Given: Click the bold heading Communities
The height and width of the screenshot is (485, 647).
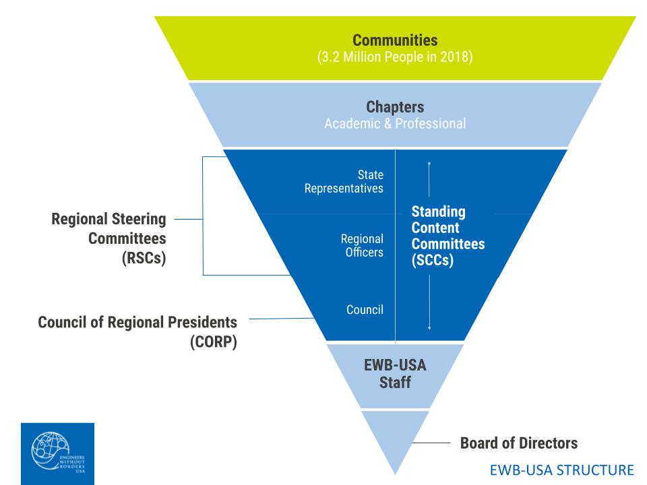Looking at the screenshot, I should [x=395, y=40].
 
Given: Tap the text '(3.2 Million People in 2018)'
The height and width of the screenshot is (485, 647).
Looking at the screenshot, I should [x=395, y=57].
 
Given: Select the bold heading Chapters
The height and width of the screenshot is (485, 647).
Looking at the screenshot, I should [x=395, y=107].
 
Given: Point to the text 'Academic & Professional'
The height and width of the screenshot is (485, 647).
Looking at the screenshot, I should [x=395, y=124].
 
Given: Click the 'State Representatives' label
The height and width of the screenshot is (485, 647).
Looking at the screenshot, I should [x=344, y=181].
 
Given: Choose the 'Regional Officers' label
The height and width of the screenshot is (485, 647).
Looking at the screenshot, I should [x=362, y=246].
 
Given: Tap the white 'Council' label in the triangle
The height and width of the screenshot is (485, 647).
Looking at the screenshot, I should [x=365, y=310].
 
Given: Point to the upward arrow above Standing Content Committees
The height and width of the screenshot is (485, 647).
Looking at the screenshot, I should [x=429, y=179].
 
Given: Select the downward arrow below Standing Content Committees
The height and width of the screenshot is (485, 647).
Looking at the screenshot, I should [x=429, y=303].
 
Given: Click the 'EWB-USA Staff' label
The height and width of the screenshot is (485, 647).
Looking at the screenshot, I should [x=395, y=375].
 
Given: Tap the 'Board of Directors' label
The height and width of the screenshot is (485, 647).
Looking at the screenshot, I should [x=518, y=443].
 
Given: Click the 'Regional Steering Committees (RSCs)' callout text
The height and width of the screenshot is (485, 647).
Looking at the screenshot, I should [x=109, y=238].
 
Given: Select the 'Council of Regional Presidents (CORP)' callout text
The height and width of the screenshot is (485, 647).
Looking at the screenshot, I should [x=137, y=331].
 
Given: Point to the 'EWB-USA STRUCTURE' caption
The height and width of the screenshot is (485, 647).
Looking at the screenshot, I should [x=562, y=469].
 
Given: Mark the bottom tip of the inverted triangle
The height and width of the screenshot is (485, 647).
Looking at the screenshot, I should [x=395, y=473].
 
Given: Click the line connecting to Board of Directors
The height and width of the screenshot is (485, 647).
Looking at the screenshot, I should [x=431, y=443].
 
